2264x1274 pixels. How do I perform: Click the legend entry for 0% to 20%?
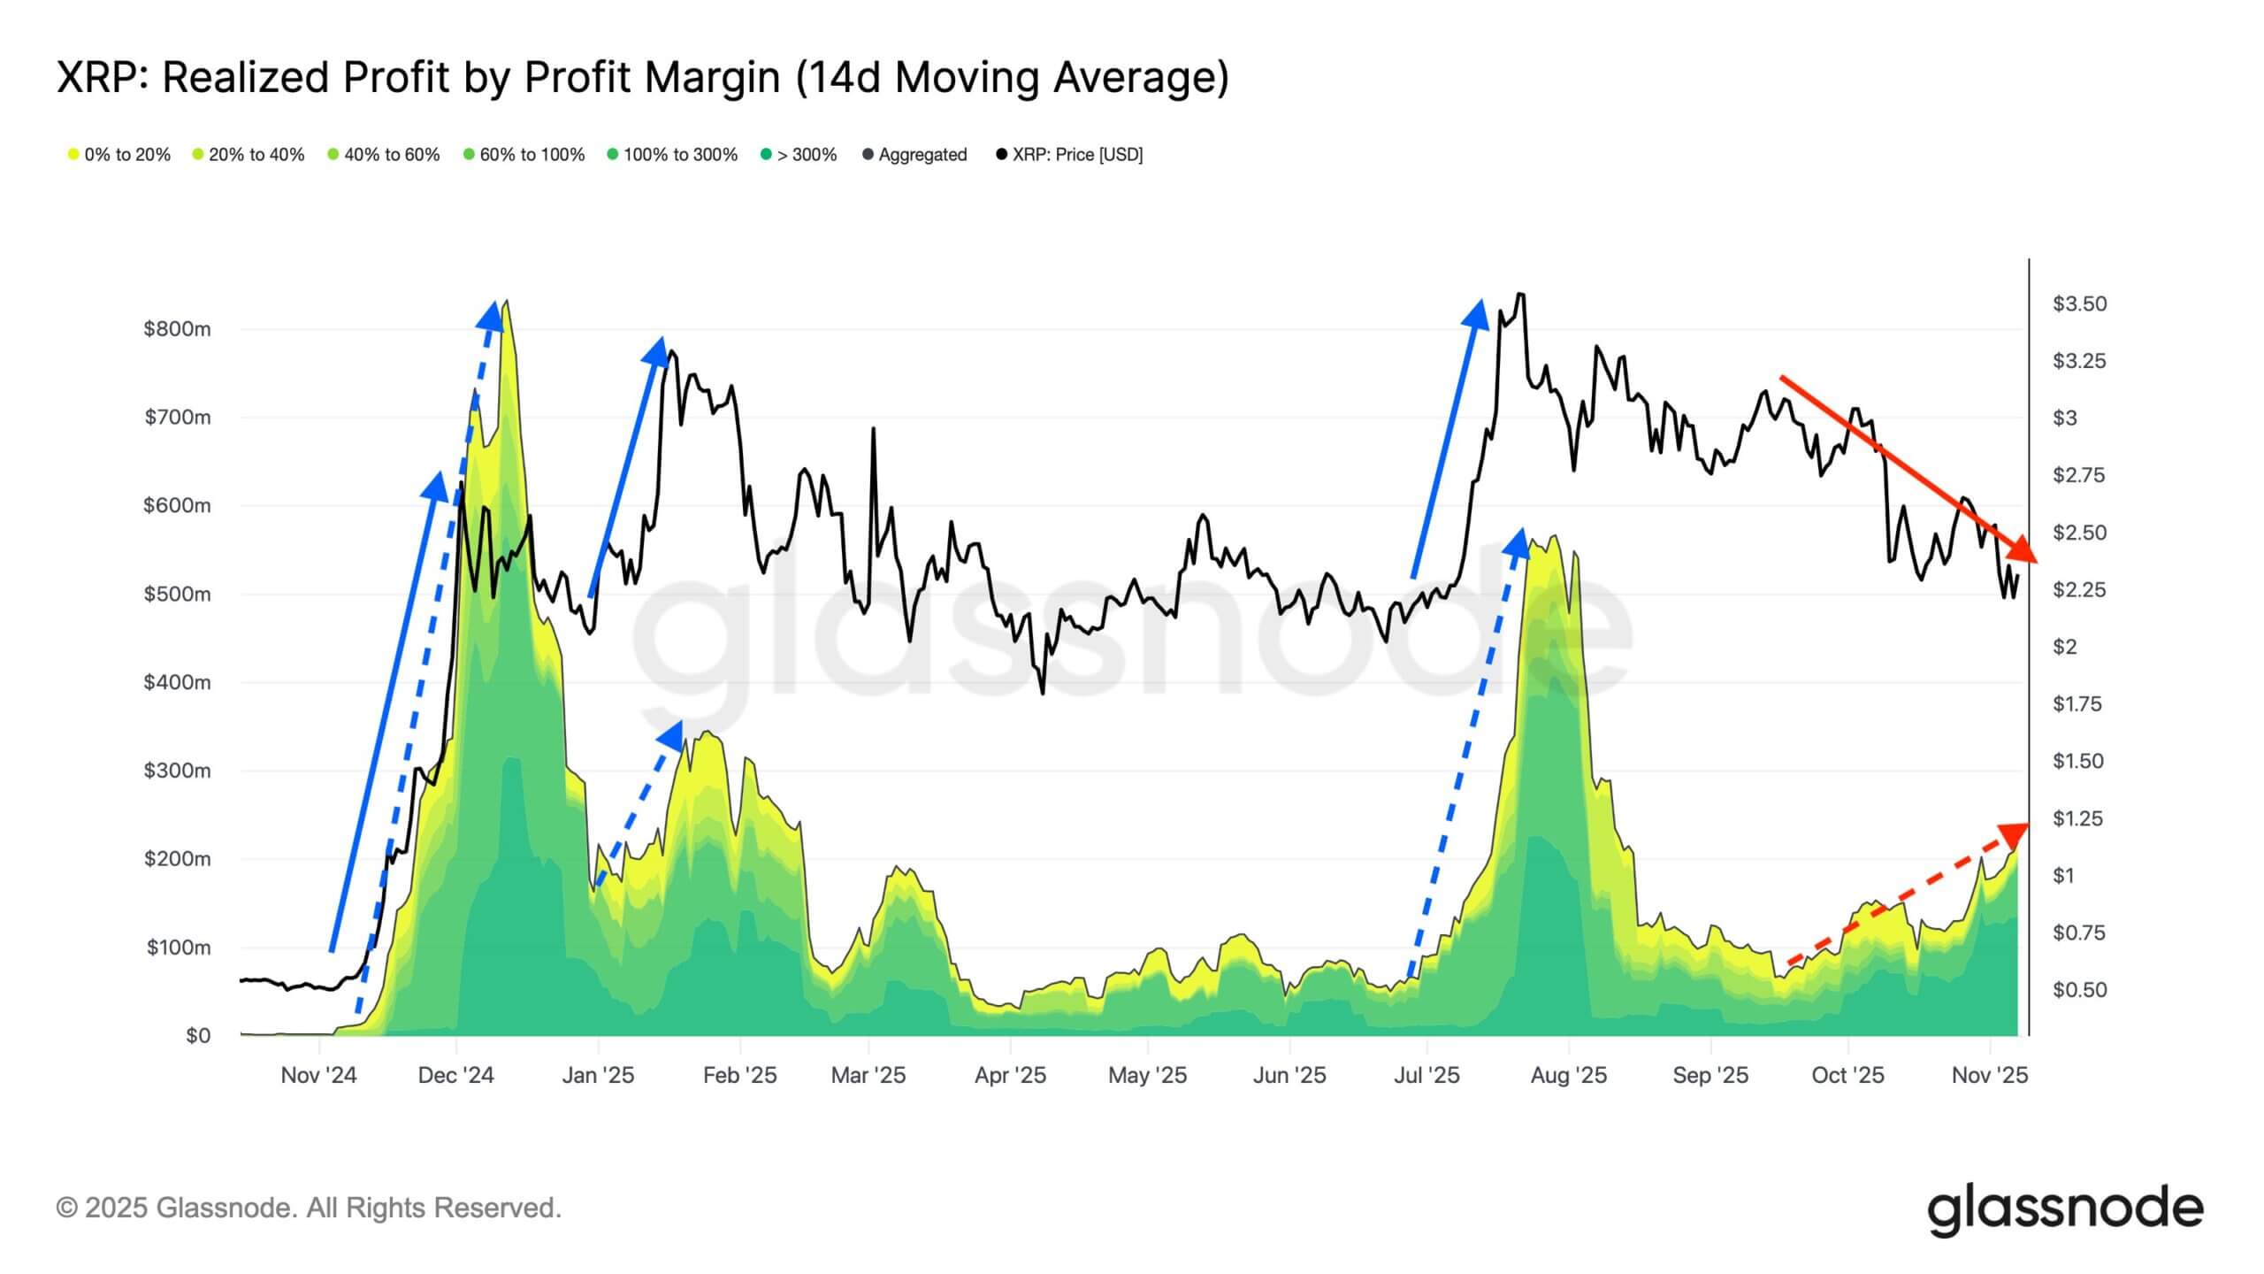119,155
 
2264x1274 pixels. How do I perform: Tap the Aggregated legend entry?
914,155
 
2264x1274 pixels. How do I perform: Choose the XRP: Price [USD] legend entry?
1069,155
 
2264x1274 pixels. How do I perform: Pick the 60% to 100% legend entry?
524,155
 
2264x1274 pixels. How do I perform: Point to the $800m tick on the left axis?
177,329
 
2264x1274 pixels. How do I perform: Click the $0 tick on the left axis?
197,1036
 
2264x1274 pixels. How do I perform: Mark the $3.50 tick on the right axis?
2079,303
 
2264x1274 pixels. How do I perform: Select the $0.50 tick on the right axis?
2079,989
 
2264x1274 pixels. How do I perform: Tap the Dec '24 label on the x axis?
455,1075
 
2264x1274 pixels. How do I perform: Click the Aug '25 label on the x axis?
1568,1075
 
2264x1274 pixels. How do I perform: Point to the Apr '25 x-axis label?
1010,1075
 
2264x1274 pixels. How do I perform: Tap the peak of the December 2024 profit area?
506,303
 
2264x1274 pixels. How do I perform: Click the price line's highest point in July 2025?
1520,294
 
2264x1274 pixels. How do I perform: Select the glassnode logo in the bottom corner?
2065,1209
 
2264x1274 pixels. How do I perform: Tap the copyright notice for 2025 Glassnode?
309,1208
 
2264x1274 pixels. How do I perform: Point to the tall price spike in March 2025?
874,429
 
